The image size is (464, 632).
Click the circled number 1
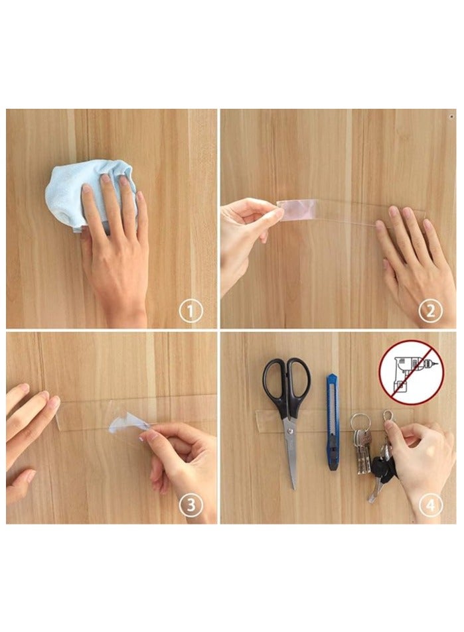click(191, 310)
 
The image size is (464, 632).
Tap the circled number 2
click(429, 310)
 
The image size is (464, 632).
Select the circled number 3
click(191, 506)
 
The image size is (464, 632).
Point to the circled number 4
click(429, 506)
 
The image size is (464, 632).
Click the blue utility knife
click(332, 421)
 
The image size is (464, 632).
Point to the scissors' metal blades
click(291, 451)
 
